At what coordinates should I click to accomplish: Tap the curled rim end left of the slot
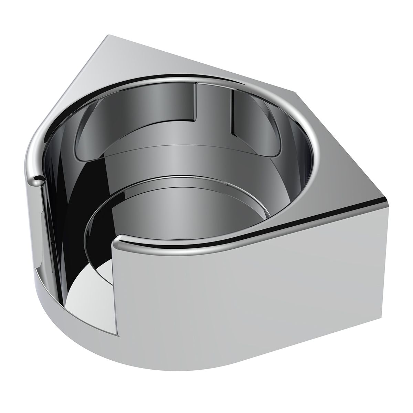pos(37,178)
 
